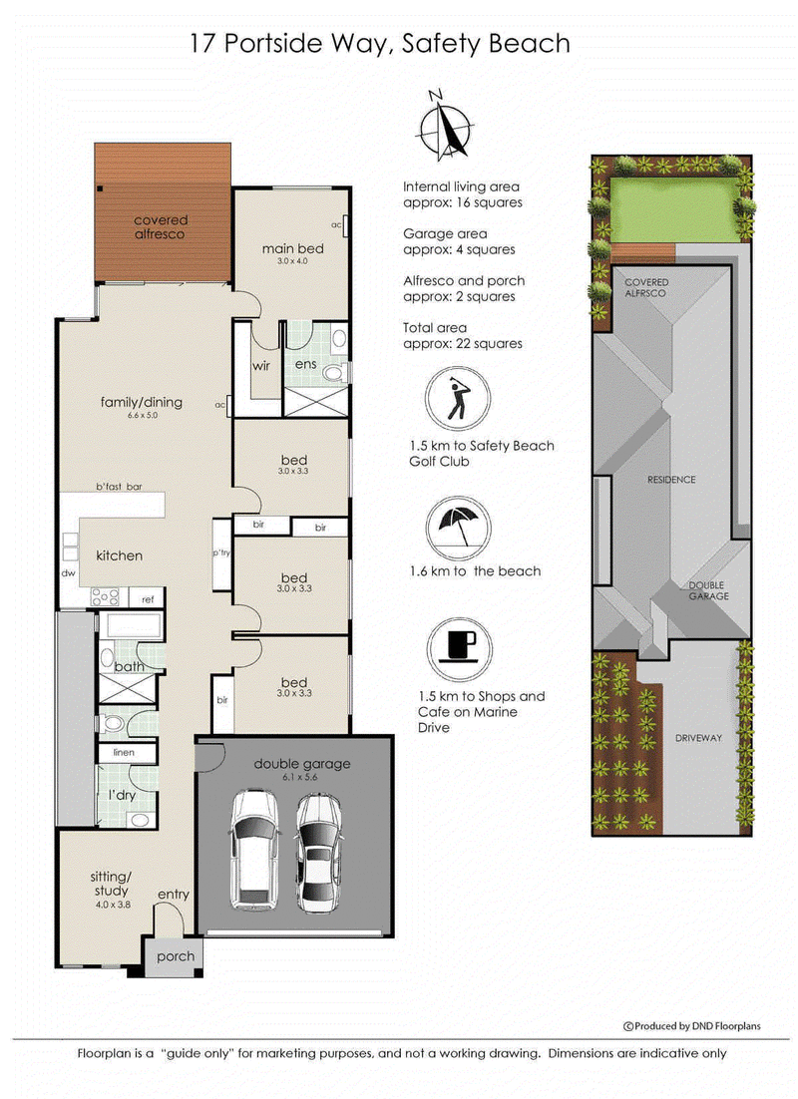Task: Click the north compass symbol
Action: [443, 127]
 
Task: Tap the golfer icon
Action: [457, 399]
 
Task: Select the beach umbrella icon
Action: [459, 529]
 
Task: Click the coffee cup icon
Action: [459, 650]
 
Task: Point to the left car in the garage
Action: [254, 850]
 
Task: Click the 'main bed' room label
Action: [292, 248]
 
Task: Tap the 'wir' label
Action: [261, 365]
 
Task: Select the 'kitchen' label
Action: [120, 555]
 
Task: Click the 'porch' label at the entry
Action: [176, 956]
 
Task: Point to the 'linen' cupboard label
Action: [124, 752]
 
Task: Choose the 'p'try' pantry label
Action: [221, 553]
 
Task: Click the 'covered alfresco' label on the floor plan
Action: [160, 227]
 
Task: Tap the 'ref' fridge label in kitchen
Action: [148, 599]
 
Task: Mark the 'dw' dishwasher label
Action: [68, 572]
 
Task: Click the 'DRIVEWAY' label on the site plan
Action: [698, 738]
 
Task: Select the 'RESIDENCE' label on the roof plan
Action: [671, 480]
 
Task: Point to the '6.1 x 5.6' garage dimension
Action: [300, 777]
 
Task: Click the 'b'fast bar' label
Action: [120, 487]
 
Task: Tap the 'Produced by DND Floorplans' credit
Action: [692, 1026]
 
